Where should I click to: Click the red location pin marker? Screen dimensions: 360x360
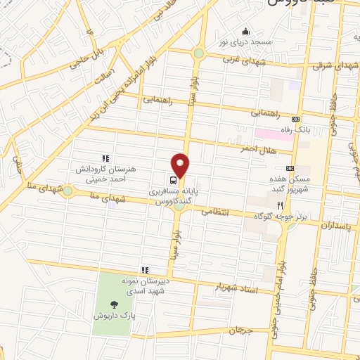click(x=181, y=165)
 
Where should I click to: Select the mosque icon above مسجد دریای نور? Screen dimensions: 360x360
click(x=245, y=31)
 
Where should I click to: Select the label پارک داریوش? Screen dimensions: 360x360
click(x=114, y=316)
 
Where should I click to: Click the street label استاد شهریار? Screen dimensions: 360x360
click(x=239, y=288)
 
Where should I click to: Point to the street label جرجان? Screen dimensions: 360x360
click(x=239, y=330)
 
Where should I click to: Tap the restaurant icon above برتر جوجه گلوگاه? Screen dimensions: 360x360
click(x=279, y=205)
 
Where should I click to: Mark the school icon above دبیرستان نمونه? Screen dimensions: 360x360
click(x=144, y=269)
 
